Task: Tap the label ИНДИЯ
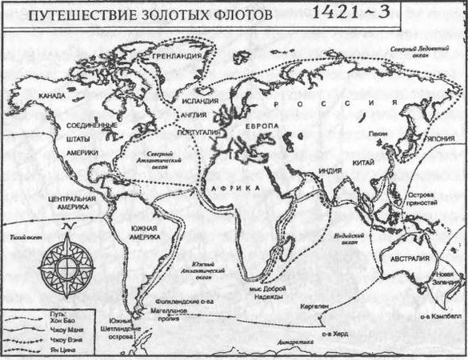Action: point(331,170)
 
